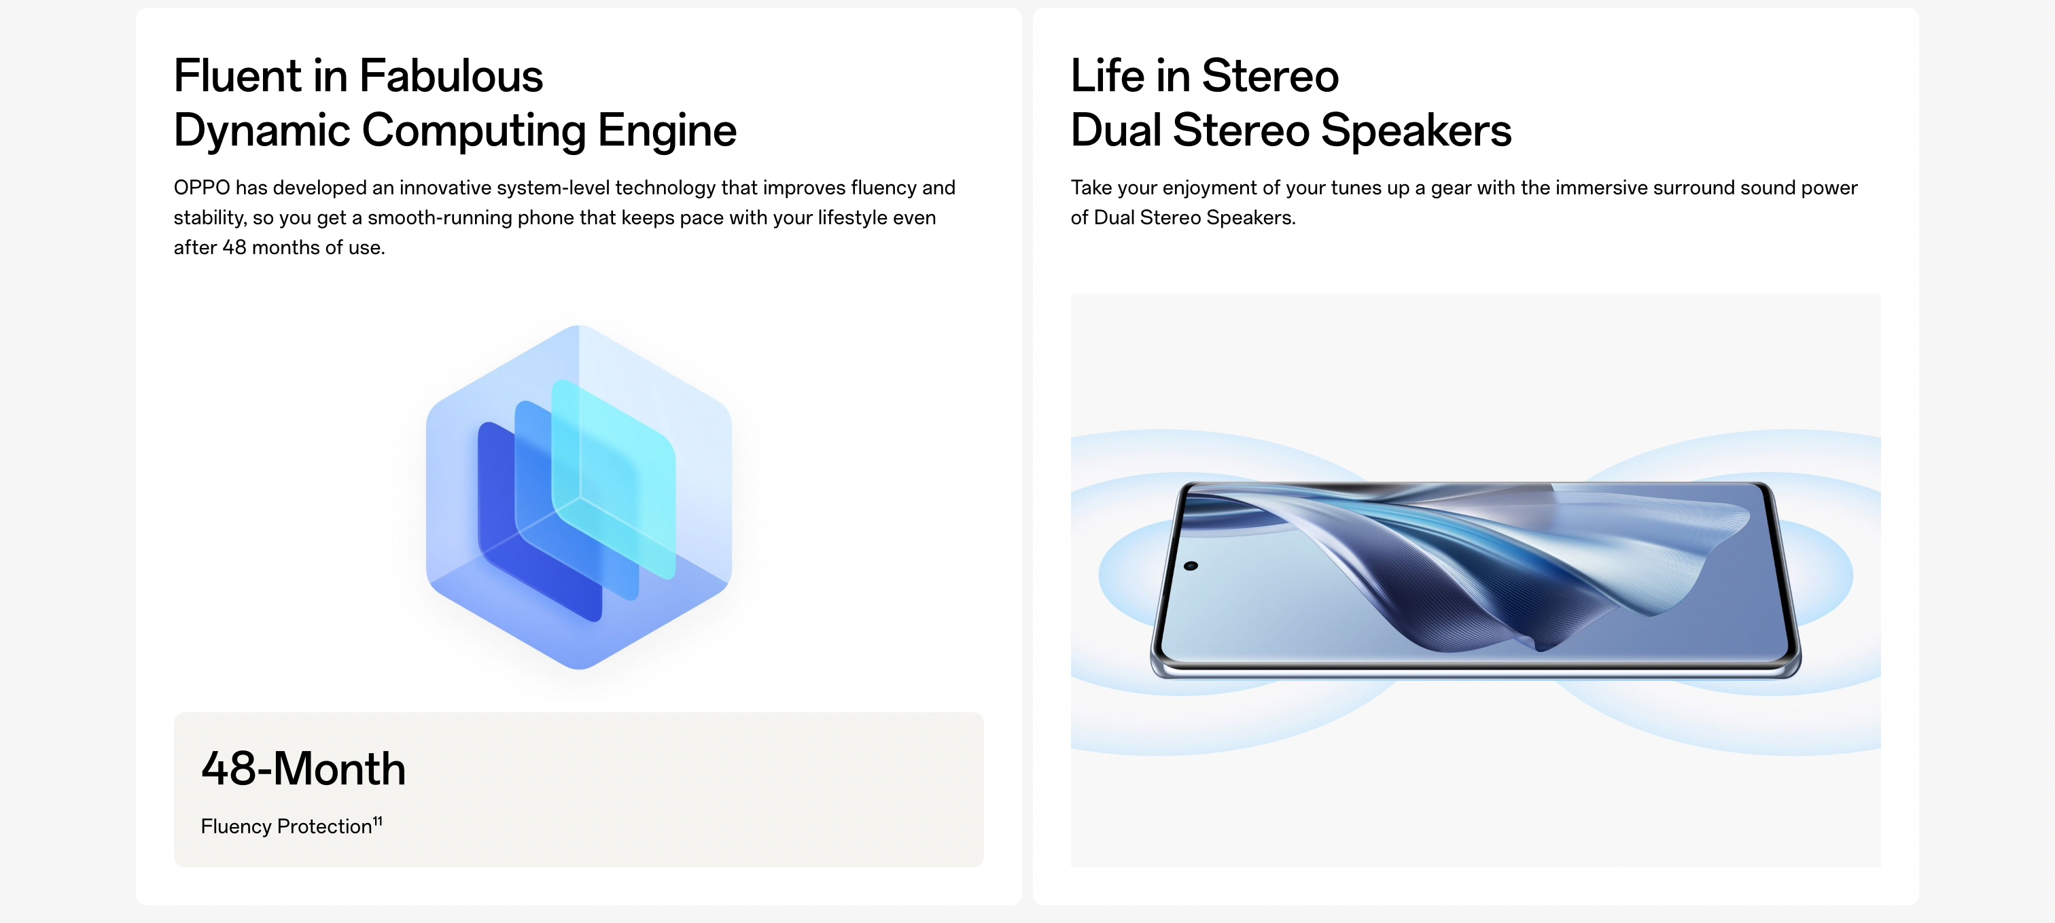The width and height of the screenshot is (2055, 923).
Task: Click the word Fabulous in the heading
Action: click(x=451, y=76)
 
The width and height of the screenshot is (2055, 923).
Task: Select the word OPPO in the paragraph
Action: click(x=202, y=188)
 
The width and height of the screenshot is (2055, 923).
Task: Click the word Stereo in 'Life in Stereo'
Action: click(x=1270, y=76)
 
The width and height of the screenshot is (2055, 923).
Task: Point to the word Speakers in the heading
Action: click(x=1416, y=129)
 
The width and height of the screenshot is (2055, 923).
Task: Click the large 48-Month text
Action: click(x=303, y=768)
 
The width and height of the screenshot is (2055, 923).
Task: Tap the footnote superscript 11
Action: click(x=377, y=821)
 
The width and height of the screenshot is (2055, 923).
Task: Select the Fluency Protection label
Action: click(x=286, y=826)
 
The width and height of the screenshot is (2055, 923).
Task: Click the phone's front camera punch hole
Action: click(x=1191, y=565)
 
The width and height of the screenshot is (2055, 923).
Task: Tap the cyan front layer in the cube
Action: click(x=614, y=478)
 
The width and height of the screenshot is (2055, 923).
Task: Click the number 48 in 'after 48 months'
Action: click(x=234, y=247)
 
